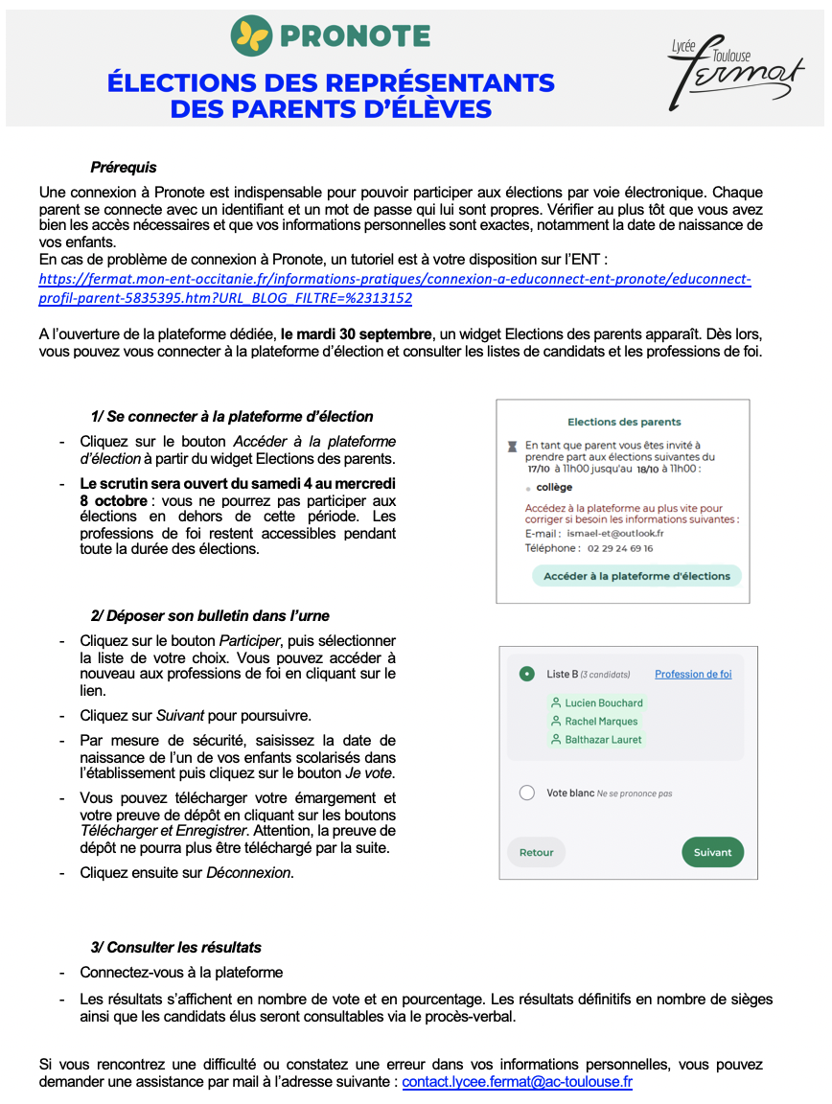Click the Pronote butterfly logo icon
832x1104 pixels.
252,36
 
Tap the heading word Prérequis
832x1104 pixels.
124,168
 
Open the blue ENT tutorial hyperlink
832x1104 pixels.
394,287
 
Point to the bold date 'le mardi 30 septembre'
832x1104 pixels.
357,335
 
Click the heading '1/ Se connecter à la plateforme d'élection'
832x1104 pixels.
232,417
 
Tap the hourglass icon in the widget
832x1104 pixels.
512,446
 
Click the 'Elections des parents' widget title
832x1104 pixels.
624,422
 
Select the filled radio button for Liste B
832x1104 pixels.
526,674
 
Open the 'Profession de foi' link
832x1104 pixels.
693,674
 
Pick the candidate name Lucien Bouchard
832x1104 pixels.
604,703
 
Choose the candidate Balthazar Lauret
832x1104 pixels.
604,740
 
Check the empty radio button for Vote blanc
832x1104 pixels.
526,793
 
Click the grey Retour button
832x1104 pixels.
537,852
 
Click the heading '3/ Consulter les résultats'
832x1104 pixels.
175,948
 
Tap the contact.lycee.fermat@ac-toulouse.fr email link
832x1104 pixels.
517,1082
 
